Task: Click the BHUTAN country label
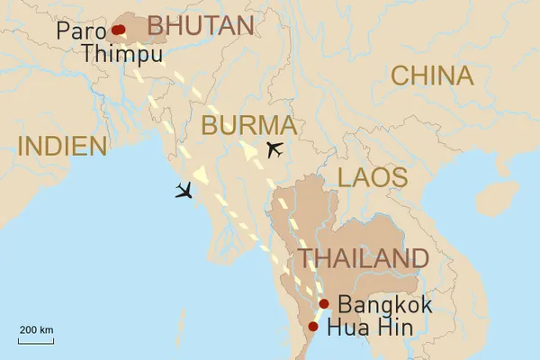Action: point(200,26)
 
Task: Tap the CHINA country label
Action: point(432,76)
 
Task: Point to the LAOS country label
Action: point(372,177)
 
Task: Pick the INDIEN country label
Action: point(62,146)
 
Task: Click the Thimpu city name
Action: point(113,53)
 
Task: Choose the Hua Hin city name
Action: point(371,328)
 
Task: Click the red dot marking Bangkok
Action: point(324,304)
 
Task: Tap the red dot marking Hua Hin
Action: point(313,326)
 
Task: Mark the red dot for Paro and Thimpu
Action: point(118,30)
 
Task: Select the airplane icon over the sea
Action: point(186,190)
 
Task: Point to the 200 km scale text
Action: point(36,330)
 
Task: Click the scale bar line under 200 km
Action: point(36,340)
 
